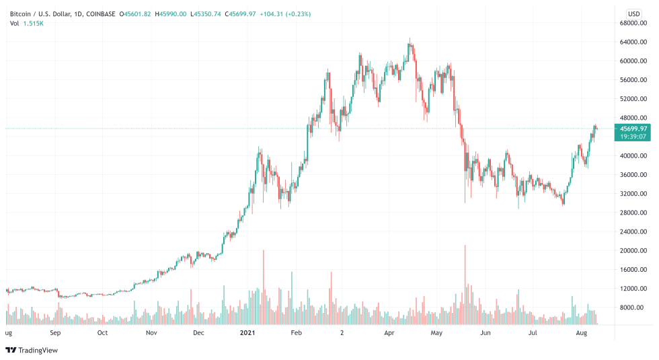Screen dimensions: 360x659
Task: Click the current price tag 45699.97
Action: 633,129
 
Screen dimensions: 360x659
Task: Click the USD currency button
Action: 633,13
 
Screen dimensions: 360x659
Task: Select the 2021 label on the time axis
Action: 248,332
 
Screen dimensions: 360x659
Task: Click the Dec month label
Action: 198,332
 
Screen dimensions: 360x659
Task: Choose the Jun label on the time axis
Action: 485,332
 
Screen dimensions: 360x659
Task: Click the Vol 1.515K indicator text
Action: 26,24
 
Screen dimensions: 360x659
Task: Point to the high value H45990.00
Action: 172,13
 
